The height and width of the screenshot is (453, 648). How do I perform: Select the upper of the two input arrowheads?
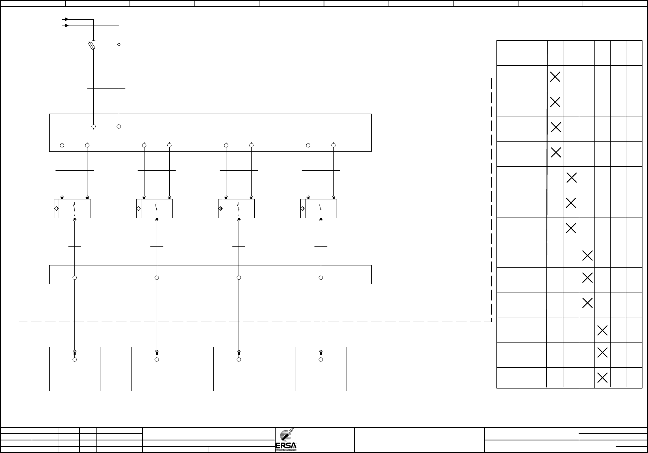click(x=67, y=19)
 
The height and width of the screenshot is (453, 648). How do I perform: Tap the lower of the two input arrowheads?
click(x=67, y=26)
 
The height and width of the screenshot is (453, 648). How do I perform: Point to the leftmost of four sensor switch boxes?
click(x=72, y=208)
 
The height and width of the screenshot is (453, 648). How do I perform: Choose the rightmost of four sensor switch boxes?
click(x=318, y=208)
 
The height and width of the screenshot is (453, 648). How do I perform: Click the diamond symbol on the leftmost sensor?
click(x=56, y=208)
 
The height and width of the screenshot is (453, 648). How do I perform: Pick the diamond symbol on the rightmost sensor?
click(x=303, y=208)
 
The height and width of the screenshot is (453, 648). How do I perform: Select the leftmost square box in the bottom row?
click(x=75, y=369)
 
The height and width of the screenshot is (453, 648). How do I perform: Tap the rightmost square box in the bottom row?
click(x=321, y=369)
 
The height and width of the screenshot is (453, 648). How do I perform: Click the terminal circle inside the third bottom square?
click(x=239, y=359)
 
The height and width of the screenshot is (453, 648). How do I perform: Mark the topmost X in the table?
click(x=555, y=77)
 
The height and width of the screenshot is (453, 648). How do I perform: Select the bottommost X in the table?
click(x=602, y=378)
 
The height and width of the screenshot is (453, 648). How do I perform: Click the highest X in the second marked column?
click(x=571, y=178)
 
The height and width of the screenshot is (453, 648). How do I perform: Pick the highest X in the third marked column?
click(x=587, y=256)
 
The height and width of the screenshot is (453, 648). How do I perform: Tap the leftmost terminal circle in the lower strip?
click(x=75, y=278)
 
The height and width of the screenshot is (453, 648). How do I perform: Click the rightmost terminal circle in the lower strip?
click(x=321, y=278)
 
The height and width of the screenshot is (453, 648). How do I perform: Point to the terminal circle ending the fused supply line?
click(x=93, y=127)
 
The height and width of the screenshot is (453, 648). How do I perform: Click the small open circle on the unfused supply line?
click(x=118, y=44)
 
